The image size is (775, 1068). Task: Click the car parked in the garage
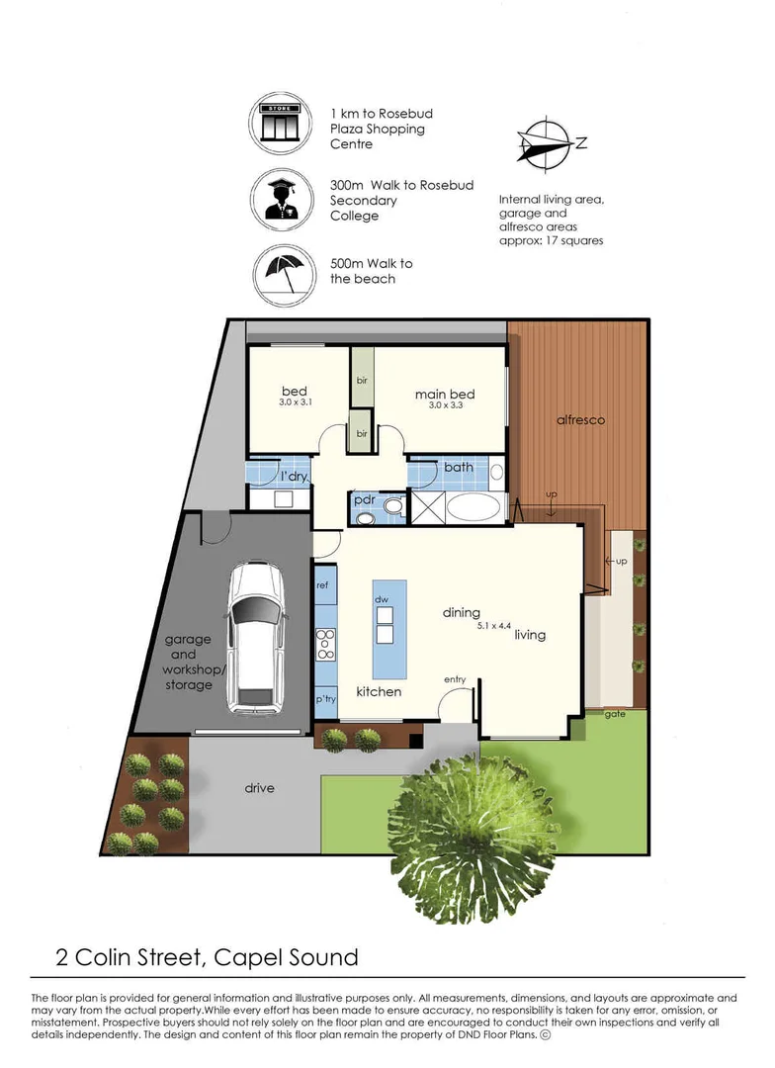click(x=252, y=638)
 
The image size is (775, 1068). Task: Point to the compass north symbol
click(x=543, y=141)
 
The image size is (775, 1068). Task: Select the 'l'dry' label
click(x=295, y=477)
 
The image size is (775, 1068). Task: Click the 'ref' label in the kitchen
click(x=322, y=585)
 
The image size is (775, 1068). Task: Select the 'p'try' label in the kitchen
click(x=325, y=699)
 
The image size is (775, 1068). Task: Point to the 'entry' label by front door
click(x=455, y=679)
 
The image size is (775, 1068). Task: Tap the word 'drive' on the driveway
click(x=259, y=788)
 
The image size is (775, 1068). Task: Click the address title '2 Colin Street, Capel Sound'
click(x=206, y=957)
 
